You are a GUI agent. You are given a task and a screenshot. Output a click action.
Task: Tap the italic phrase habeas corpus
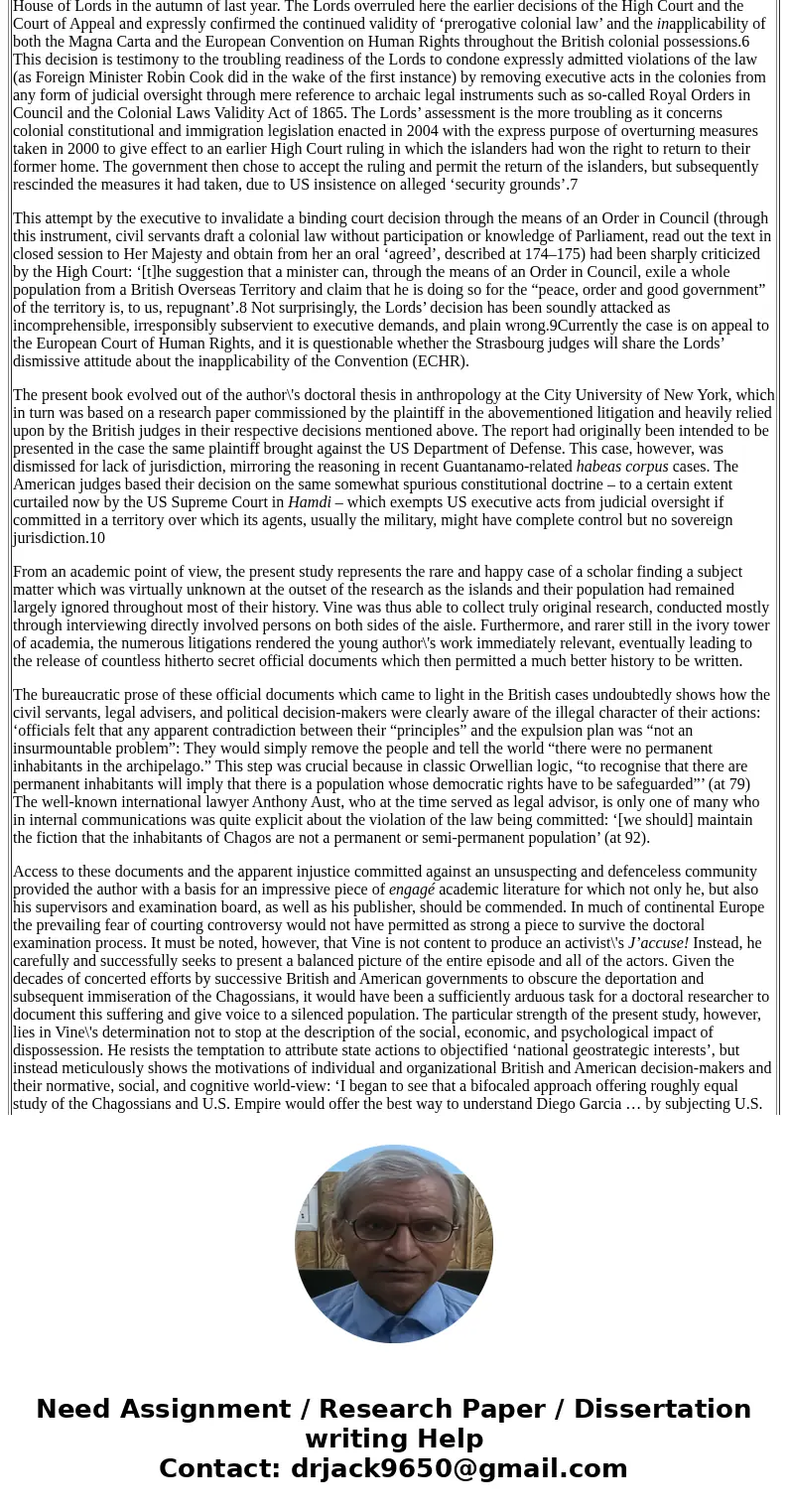tap(622, 467)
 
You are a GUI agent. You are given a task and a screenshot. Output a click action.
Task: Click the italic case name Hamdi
tap(309, 502)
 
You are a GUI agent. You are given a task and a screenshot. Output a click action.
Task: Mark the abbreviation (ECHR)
tap(435, 361)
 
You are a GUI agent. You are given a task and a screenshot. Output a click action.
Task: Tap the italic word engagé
tap(412, 890)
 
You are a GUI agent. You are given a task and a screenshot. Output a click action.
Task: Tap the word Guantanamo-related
tap(505, 467)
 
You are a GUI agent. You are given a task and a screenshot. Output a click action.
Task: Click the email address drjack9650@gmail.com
tap(459, 1469)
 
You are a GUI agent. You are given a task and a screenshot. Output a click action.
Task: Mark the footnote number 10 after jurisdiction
tap(96, 538)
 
